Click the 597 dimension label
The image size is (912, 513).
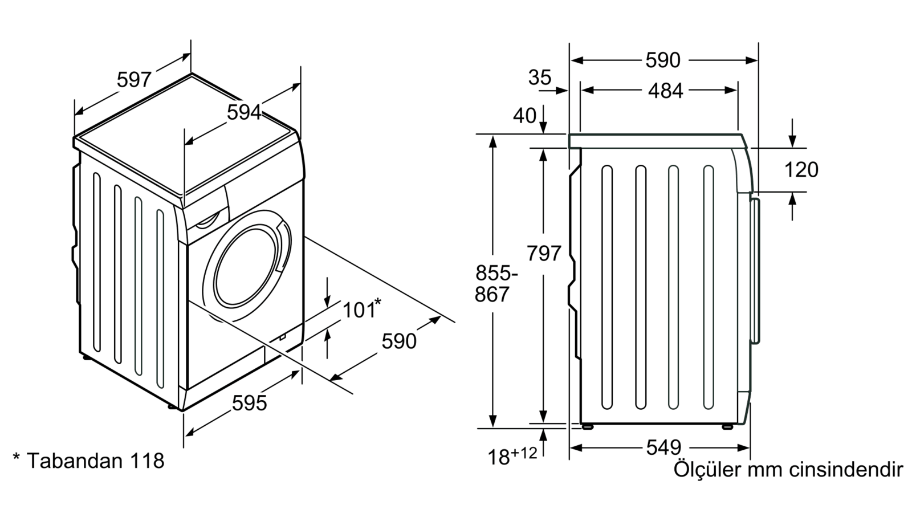coord(134,79)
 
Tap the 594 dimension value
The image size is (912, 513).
coord(244,112)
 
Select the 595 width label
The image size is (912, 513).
coord(250,403)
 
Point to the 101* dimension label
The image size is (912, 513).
coord(362,308)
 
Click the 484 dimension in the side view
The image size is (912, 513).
coord(666,91)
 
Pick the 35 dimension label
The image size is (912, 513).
coord(540,78)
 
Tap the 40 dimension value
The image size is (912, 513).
coord(524,116)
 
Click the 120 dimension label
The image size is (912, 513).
coord(801,169)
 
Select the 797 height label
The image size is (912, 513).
coord(544,253)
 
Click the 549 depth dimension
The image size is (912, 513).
coord(663,448)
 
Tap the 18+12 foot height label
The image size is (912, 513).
coord(512,455)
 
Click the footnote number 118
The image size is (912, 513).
coord(148,461)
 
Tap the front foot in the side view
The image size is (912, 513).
coord(727,427)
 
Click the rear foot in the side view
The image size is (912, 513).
coord(588,427)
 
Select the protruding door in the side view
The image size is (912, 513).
coord(755,271)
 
